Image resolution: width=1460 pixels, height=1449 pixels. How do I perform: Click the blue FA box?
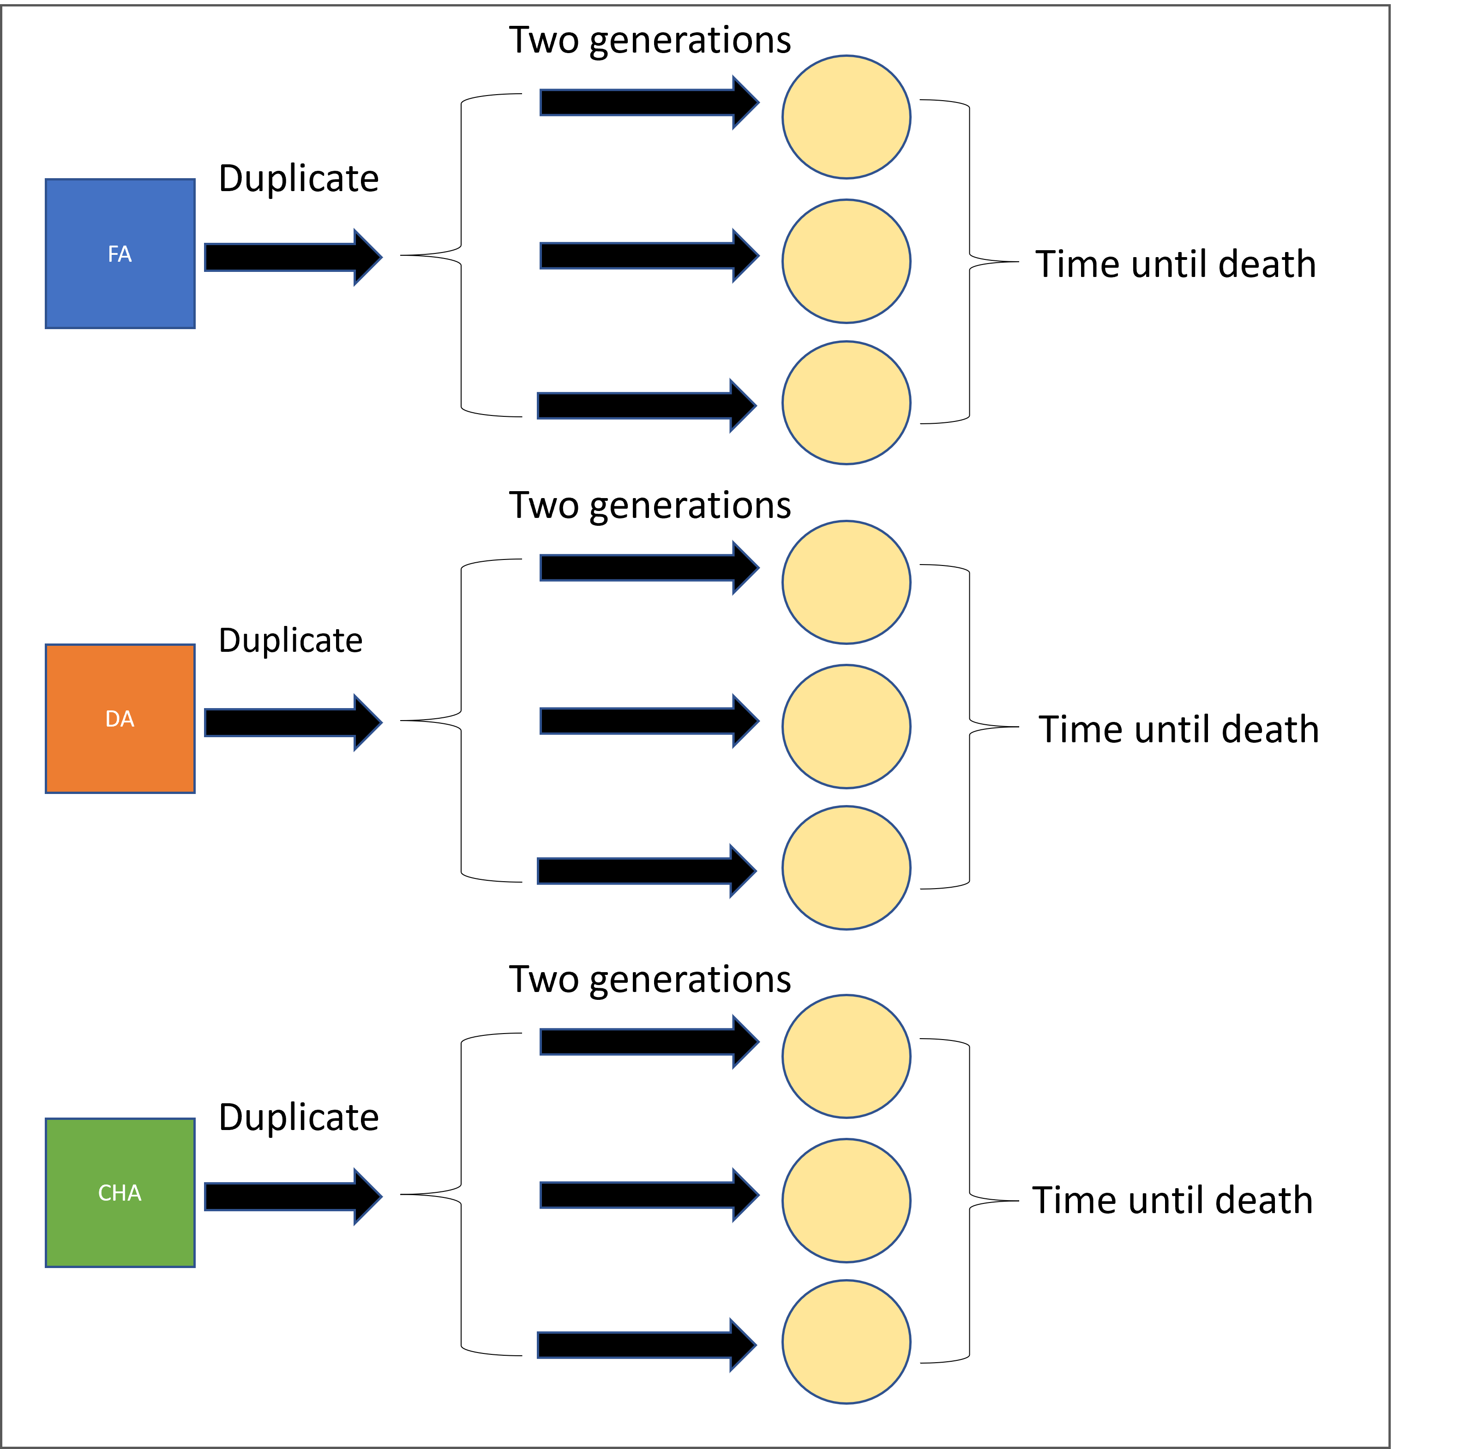[120, 254]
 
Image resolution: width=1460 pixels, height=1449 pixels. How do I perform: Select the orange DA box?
[120, 719]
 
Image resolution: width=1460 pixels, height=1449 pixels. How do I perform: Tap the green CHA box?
[120, 1193]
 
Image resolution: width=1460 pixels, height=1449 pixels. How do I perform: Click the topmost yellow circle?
[847, 117]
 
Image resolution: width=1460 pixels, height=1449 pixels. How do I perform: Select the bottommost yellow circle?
[847, 1341]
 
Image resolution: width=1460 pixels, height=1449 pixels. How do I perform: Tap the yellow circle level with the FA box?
[847, 261]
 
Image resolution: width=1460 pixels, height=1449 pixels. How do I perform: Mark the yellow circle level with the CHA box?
[847, 1200]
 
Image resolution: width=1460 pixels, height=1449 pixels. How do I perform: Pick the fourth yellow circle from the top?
[847, 582]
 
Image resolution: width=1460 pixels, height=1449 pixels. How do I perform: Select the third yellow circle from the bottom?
[847, 1056]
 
